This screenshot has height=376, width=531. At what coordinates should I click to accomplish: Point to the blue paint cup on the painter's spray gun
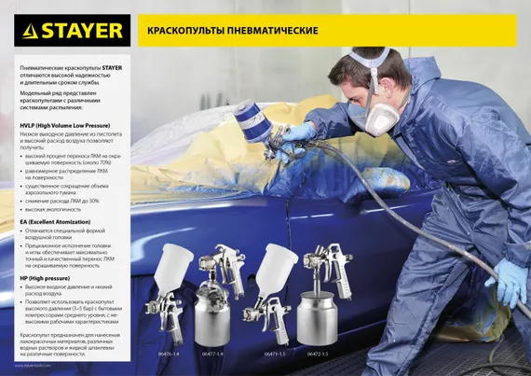point(252,121)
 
